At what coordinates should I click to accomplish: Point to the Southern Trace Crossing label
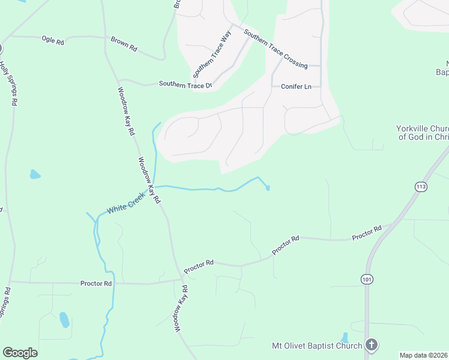pyautogui.click(x=276, y=48)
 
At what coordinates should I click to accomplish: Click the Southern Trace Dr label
pyautogui.click(x=185, y=85)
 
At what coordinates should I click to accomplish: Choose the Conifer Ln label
pyautogui.click(x=297, y=87)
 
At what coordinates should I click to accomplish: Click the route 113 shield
pyautogui.click(x=420, y=187)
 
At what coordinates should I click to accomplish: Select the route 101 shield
pyautogui.click(x=367, y=279)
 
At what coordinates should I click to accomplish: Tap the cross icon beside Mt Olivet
pyautogui.click(x=372, y=345)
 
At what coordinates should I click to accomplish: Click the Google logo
pyautogui.click(x=20, y=353)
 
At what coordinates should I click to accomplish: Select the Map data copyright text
pyautogui.click(x=423, y=355)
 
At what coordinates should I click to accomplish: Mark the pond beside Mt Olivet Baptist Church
pyautogui.click(x=345, y=338)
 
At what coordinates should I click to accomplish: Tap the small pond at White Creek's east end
pyautogui.click(x=268, y=188)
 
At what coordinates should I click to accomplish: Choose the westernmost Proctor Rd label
pyautogui.click(x=96, y=283)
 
